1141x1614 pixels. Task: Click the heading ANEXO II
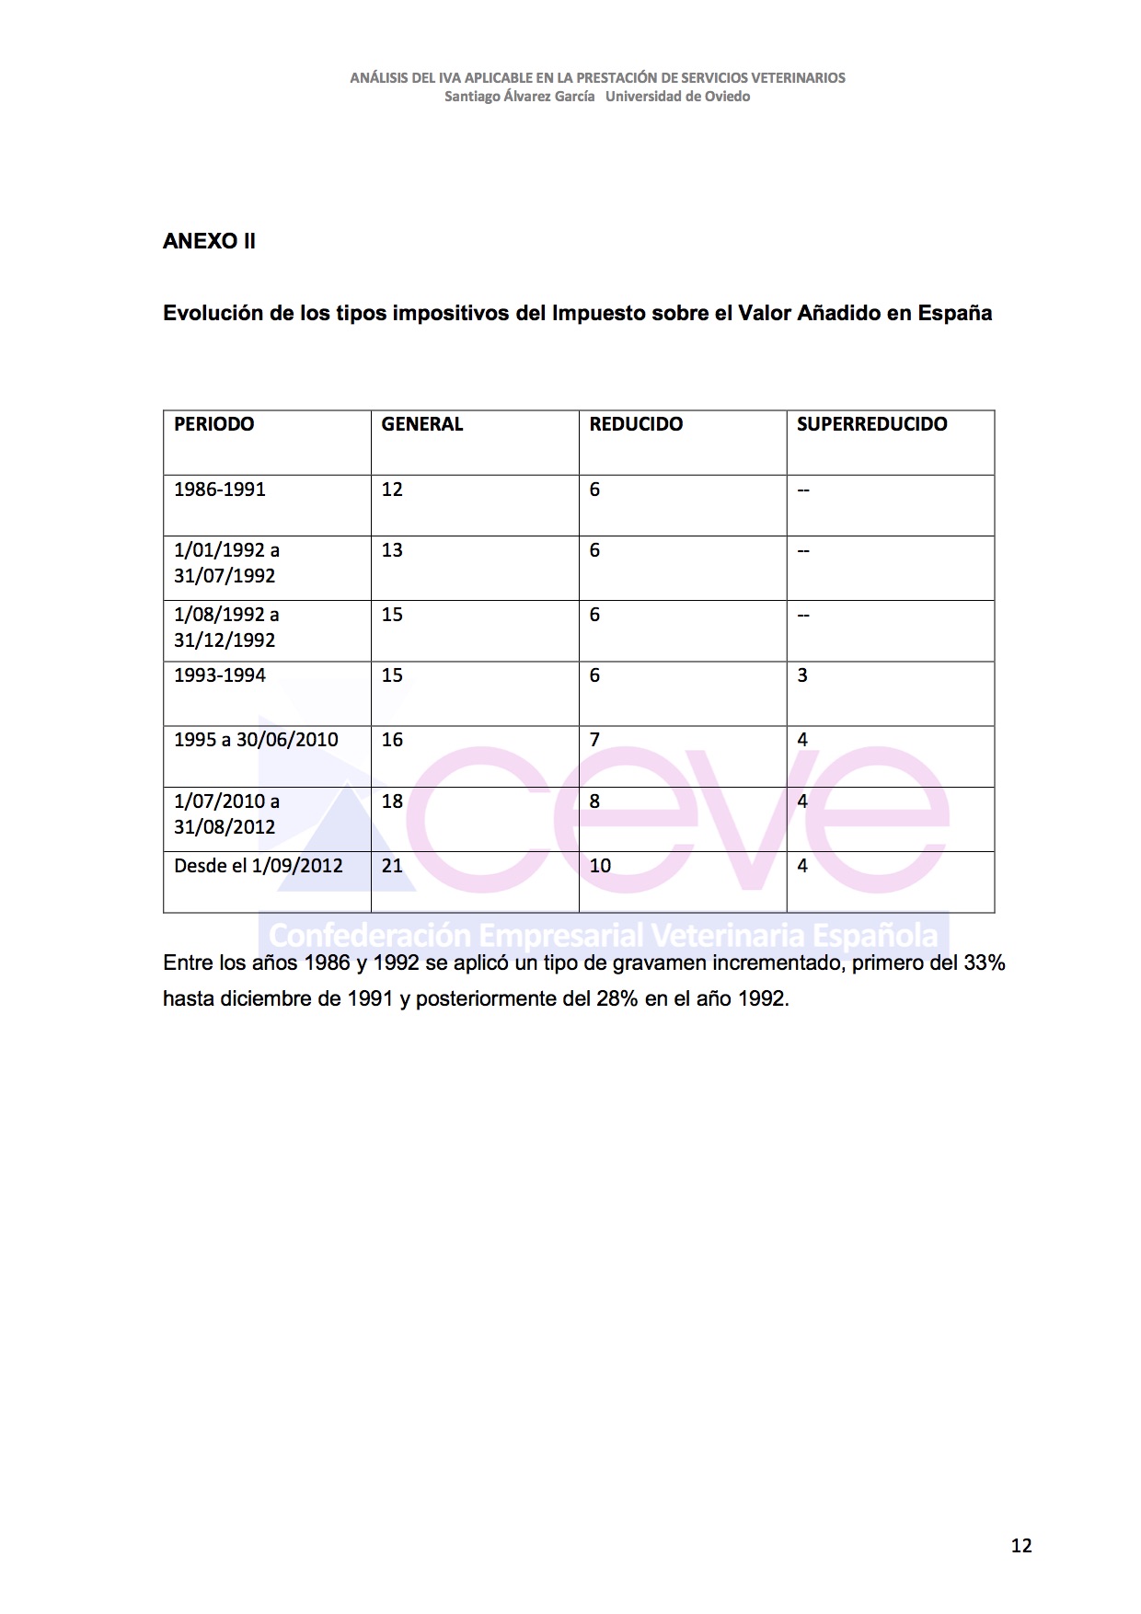pyautogui.click(x=209, y=241)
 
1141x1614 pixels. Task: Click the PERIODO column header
pyautogui.click(x=214, y=424)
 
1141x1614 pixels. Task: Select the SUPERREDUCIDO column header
pyautogui.click(x=871, y=424)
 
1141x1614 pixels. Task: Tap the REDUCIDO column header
pyautogui.click(x=636, y=424)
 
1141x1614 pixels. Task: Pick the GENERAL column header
pyautogui.click(x=422, y=424)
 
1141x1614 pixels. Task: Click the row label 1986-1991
pyautogui.click(x=220, y=490)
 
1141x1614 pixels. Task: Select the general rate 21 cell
pyautogui.click(x=392, y=866)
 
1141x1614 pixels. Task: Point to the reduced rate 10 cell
pyautogui.click(x=600, y=866)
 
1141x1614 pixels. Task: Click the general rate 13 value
pyautogui.click(x=392, y=550)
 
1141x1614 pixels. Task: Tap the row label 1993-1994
pyautogui.click(x=220, y=675)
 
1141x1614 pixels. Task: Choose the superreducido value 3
pyautogui.click(x=802, y=675)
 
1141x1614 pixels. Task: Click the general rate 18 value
pyautogui.click(x=392, y=801)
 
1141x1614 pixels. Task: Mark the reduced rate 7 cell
pyautogui.click(x=594, y=740)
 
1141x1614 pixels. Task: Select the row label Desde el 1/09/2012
pyautogui.click(x=259, y=866)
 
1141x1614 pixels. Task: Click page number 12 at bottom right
pyautogui.click(x=1021, y=1546)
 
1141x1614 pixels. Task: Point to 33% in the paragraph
pyautogui.click(x=984, y=963)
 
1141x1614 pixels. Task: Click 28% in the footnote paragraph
pyautogui.click(x=617, y=999)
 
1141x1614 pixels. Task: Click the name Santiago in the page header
pyautogui.click(x=471, y=97)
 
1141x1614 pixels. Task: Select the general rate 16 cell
pyautogui.click(x=392, y=740)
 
